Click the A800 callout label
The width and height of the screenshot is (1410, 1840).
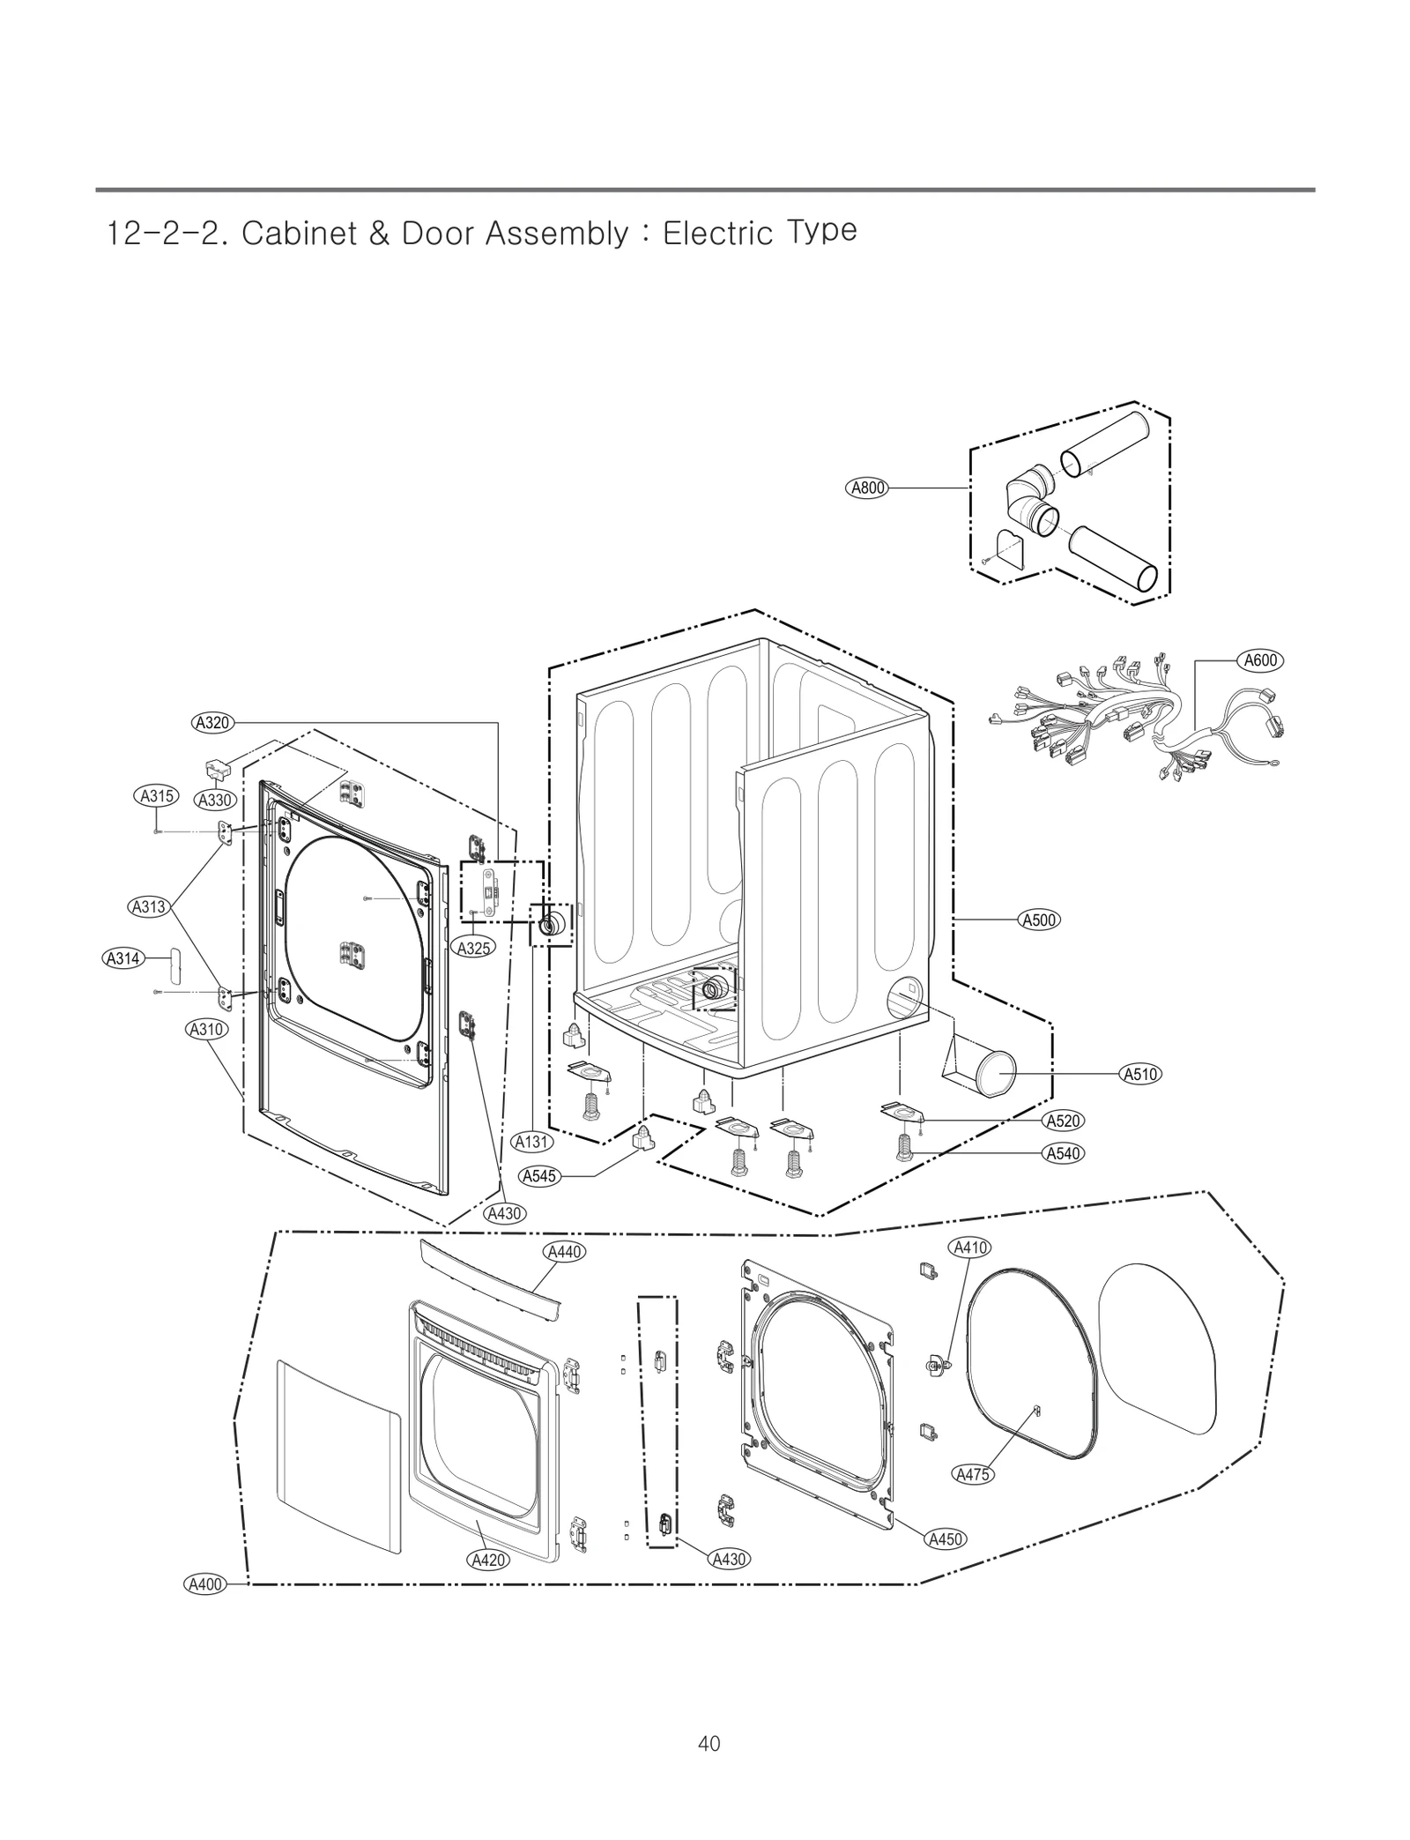[866, 488]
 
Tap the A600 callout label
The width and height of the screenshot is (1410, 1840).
[1260, 660]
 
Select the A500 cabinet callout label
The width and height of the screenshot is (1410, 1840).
[1039, 920]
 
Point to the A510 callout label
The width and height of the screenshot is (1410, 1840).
[1140, 1074]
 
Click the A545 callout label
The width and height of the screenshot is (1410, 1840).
[539, 1176]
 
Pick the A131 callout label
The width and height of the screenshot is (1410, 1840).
[532, 1142]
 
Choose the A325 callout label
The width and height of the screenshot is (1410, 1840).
[474, 948]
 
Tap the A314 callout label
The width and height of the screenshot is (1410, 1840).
[122, 957]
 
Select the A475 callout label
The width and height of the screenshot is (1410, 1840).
[973, 1473]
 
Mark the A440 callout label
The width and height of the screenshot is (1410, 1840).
[565, 1251]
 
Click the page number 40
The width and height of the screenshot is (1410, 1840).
[709, 1743]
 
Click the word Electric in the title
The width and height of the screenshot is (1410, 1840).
[717, 235]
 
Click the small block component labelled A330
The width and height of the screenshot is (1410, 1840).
[217, 769]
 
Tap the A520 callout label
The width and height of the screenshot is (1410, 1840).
[1063, 1121]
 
